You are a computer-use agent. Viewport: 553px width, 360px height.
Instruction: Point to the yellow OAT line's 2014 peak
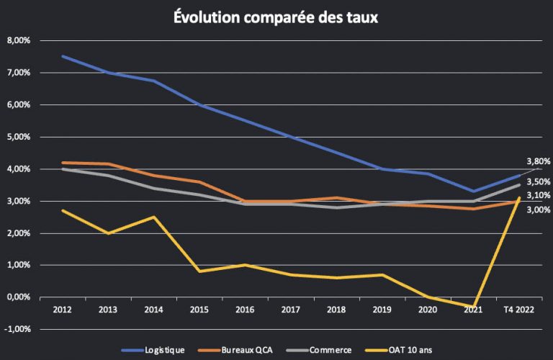pos(154,217)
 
